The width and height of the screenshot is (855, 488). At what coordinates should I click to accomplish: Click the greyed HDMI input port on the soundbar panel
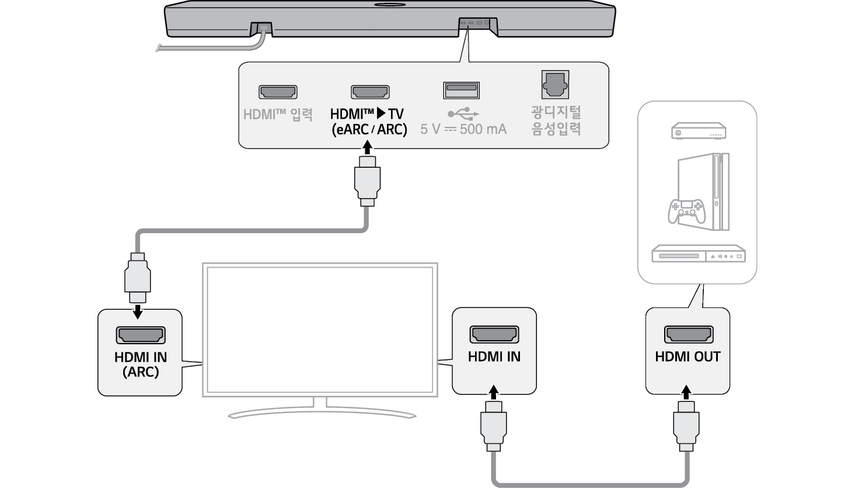coord(278,92)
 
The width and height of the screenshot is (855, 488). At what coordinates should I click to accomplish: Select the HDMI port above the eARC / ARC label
coord(369,92)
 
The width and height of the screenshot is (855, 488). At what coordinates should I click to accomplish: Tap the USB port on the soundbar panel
coord(461,91)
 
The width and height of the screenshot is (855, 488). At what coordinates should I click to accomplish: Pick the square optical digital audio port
coord(555,85)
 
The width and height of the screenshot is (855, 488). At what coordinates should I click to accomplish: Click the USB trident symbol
coord(463,113)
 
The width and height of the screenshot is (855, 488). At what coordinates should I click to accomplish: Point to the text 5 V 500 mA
coord(463,129)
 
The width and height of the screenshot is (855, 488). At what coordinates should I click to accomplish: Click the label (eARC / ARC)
coord(369,129)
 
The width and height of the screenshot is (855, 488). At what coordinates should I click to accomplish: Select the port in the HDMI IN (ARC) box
coord(141,335)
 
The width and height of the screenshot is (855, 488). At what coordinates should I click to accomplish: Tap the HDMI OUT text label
coord(688,357)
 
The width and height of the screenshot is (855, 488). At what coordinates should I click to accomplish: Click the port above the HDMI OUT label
coord(688,334)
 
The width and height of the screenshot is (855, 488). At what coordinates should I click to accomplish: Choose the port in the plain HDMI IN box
coord(494,334)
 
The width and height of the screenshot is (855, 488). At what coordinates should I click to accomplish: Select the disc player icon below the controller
coord(698,255)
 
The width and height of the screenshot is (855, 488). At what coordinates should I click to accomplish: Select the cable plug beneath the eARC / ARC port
coord(367,184)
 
